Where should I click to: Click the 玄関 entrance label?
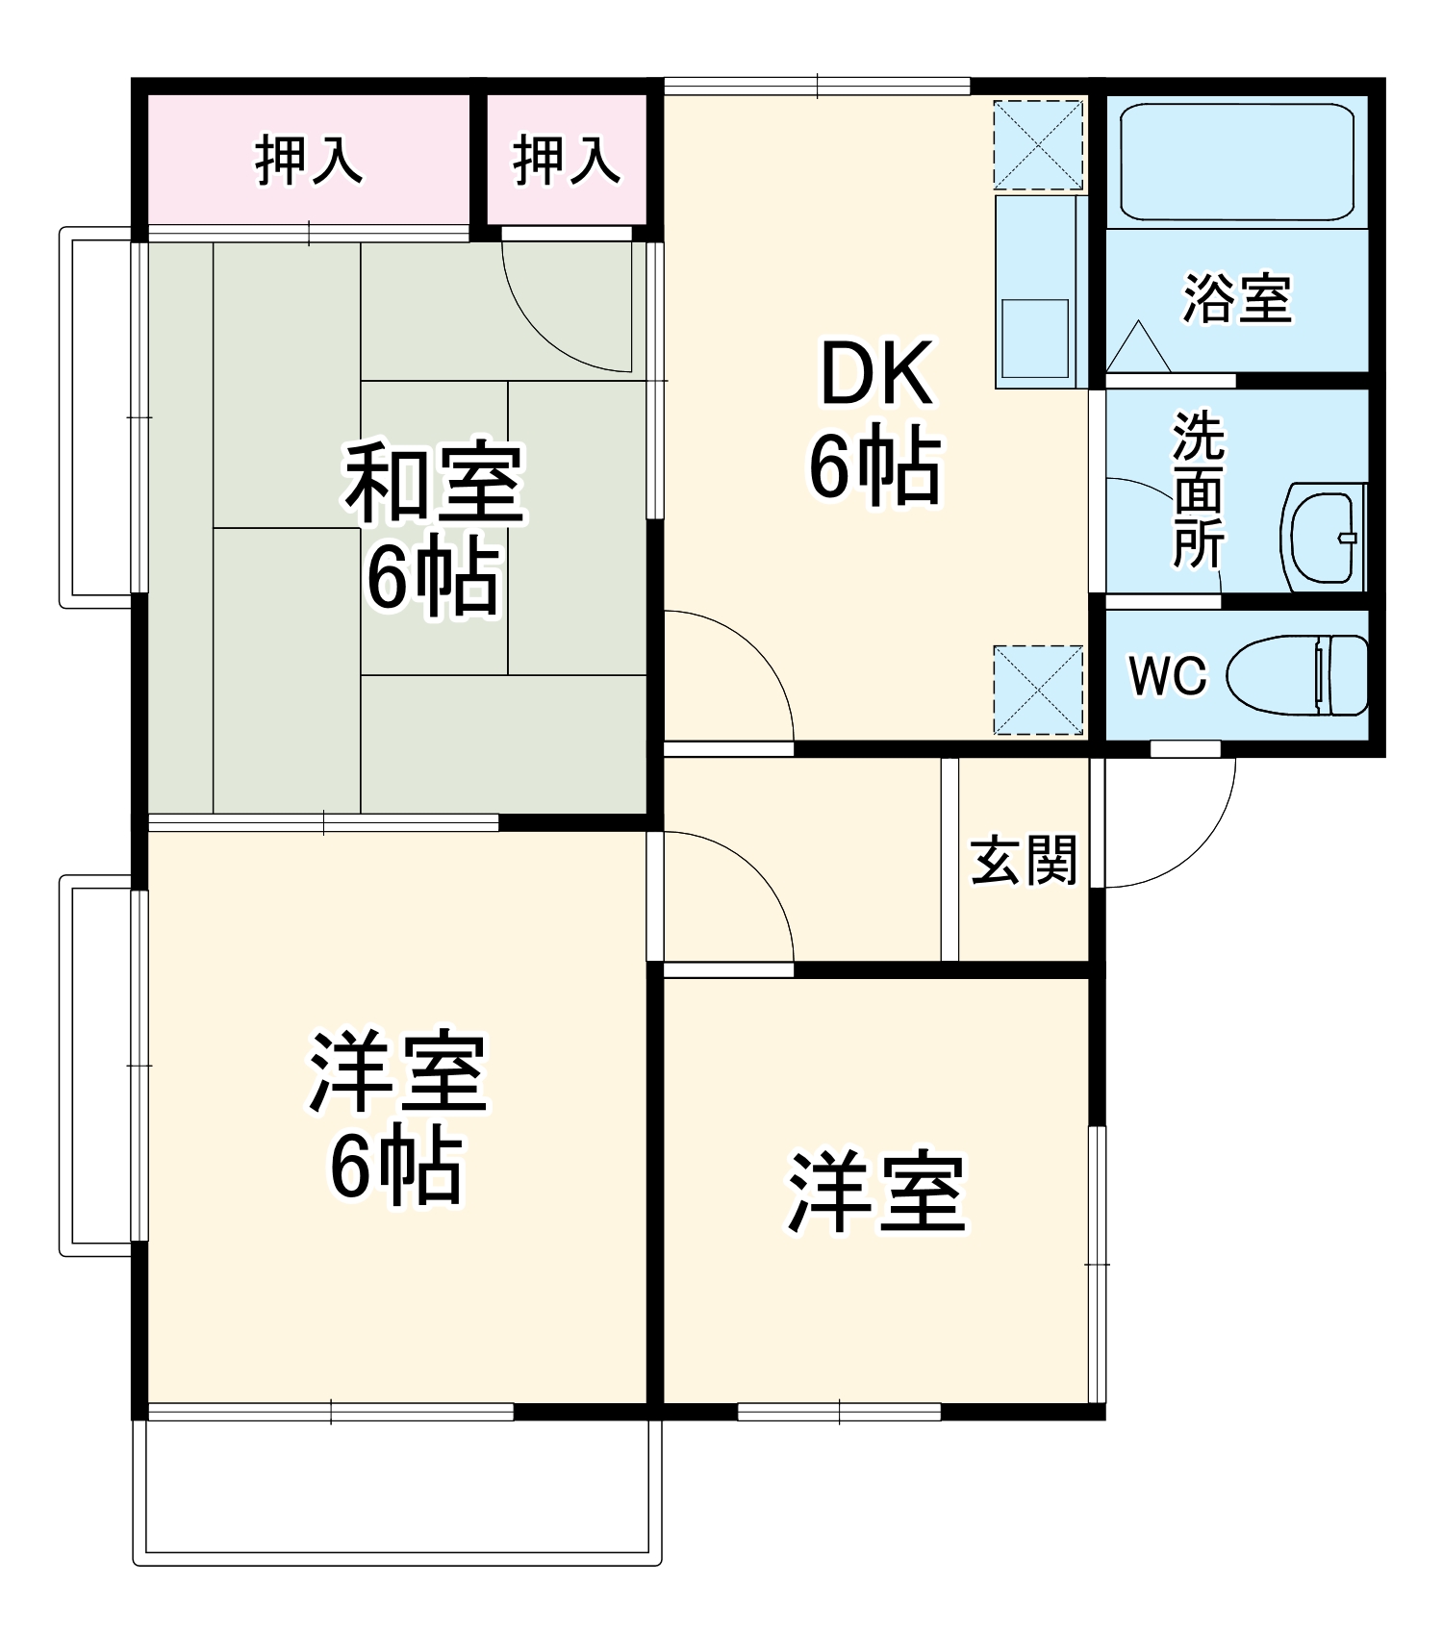click(1024, 860)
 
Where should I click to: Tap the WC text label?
click(1167, 675)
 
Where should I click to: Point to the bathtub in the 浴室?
click(1237, 162)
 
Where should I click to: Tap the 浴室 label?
click(1237, 298)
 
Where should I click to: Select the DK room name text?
click(875, 375)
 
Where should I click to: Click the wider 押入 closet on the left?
click(309, 161)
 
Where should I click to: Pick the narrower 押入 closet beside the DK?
click(566, 161)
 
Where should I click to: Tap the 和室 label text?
click(435, 484)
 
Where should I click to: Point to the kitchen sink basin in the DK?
click(1035, 338)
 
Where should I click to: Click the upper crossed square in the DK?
click(1038, 145)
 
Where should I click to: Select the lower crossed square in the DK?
click(1038, 690)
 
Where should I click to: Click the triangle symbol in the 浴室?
click(1138, 349)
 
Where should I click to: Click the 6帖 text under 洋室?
click(396, 1169)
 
